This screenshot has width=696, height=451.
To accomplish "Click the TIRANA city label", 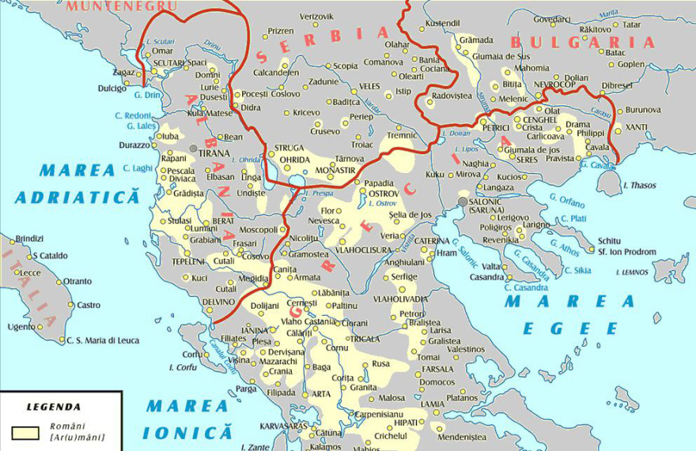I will click(x=214, y=152).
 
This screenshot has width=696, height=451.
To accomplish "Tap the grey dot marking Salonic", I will click(x=463, y=201).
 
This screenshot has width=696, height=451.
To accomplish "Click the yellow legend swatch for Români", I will click(x=24, y=432).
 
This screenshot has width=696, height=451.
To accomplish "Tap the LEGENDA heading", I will click(x=54, y=408).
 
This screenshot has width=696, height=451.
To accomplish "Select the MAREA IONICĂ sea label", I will click(x=187, y=419).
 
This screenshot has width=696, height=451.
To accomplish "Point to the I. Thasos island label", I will click(x=641, y=185).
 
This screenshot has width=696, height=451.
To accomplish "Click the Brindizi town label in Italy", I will click(x=29, y=239).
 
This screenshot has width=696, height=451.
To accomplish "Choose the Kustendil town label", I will click(x=442, y=24).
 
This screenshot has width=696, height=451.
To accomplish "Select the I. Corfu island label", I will click(x=183, y=368).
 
